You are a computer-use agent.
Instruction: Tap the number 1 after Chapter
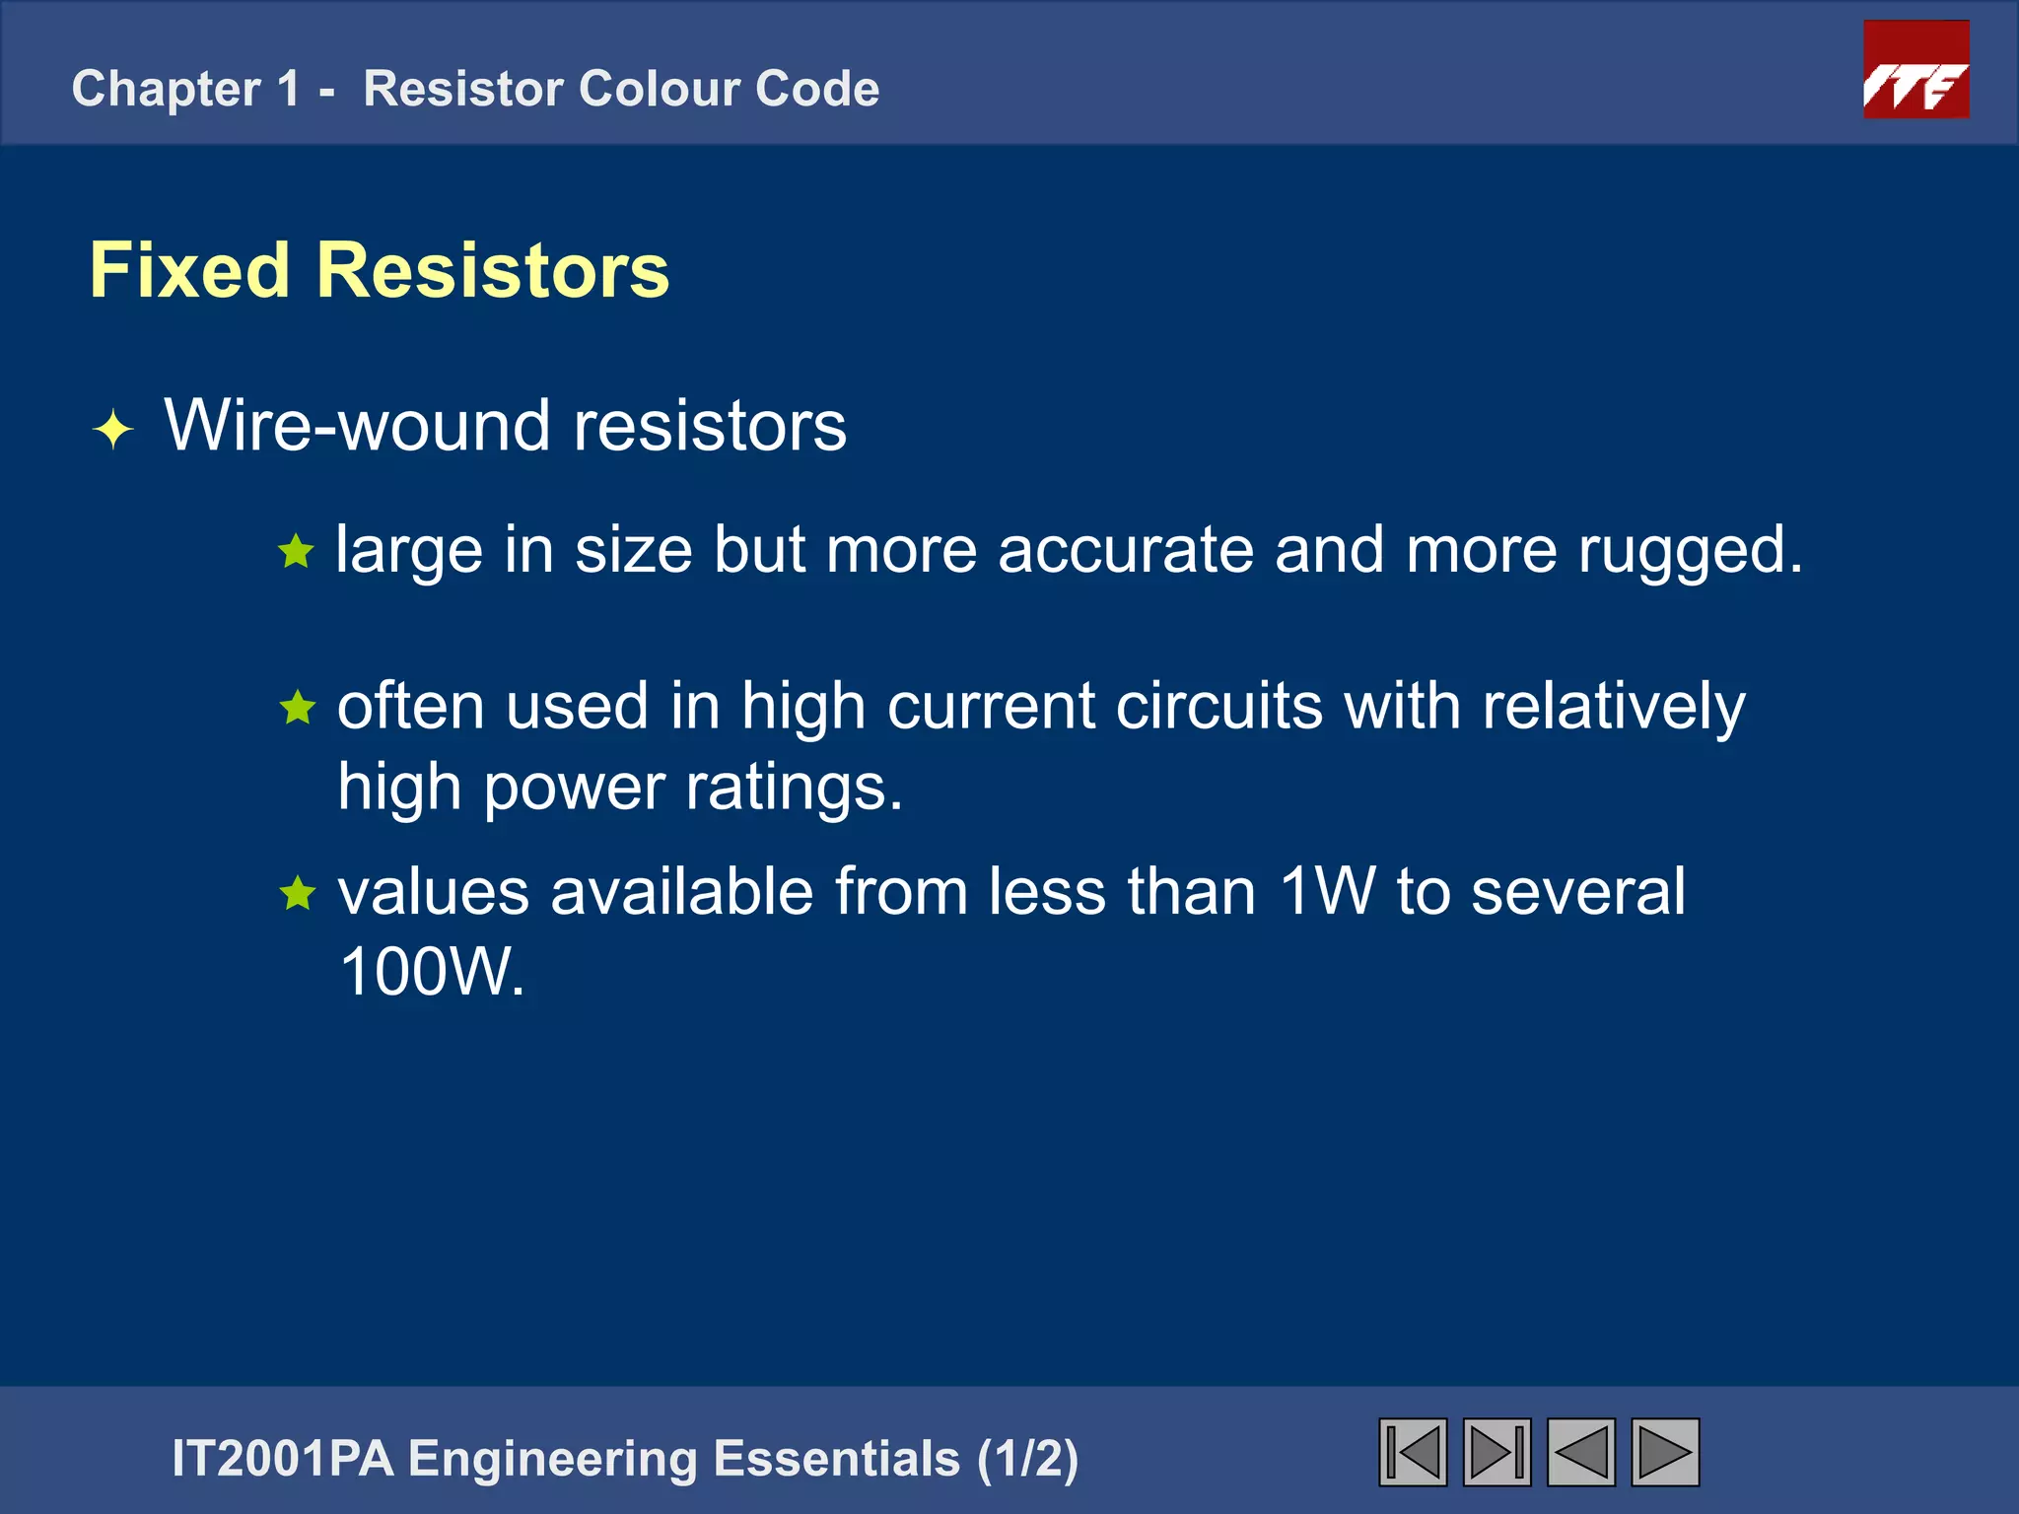(x=288, y=89)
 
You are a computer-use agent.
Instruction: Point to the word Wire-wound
(x=357, y=427)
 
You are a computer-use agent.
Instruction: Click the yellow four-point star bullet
(x=113, y=430)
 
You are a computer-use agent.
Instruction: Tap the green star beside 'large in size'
(x=296, y=551)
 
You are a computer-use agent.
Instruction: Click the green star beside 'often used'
(x=297, y=708)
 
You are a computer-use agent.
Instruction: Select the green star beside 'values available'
(x=297, y=894)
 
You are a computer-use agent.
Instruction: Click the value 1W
(x=1327, y=891)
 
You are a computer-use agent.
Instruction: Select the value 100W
(x=431, y=972)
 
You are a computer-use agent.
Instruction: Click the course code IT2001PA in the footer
(x=282, y=1459)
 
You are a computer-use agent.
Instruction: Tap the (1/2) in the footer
(x=1027, y=1459)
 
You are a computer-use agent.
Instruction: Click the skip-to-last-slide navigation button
(x=1497, y=1452)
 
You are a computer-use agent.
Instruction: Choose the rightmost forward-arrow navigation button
(x=1665, y=1452)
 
